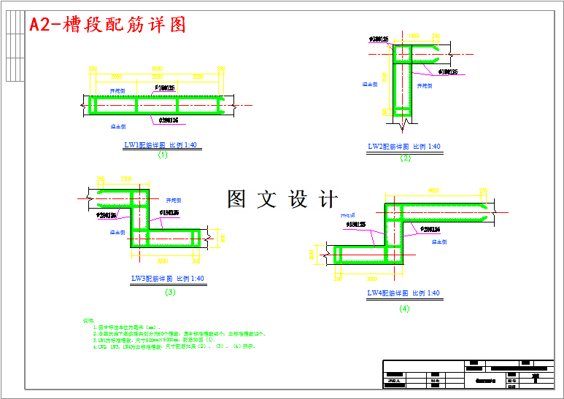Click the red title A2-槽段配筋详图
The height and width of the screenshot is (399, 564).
pos(107,25)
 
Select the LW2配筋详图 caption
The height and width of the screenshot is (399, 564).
pos(404,147)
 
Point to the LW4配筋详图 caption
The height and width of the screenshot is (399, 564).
pos(403,293)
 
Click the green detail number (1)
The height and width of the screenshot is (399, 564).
pos(162,155)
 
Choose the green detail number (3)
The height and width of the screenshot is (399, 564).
pos(170,292)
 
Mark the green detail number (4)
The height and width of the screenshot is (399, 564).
pos(404,309)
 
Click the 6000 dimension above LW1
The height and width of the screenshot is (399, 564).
pos(157,68)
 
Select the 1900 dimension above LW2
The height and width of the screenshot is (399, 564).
pos(413,35)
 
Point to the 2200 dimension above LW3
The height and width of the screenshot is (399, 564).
pos(125,178)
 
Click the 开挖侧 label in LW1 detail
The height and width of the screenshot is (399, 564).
pos(117,91)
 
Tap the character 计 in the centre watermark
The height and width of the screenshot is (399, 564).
pos(328,198)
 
